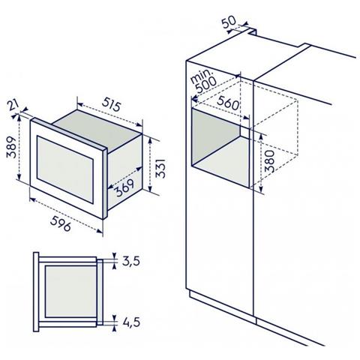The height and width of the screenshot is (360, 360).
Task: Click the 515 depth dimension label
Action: tap(112, 105)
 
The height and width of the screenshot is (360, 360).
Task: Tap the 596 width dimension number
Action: tap(61, 223)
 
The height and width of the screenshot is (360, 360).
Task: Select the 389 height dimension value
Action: tap(11, 147)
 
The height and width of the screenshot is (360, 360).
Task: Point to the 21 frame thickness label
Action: tap(12, 105)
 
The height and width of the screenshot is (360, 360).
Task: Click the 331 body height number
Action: tap(160, 168)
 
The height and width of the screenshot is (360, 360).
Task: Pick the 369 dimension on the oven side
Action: tap(125, 187)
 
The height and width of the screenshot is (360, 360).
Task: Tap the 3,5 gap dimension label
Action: tap(131, 261)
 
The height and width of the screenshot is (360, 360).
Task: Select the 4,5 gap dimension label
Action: tap(131, 322)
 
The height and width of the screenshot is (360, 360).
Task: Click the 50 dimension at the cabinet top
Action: tap(229, 22)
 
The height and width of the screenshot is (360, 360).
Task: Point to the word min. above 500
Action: tap(201, 76)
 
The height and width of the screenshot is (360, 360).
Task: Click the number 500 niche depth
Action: tap(206, 85)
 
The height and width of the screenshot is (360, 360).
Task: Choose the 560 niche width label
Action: tap(228, 103)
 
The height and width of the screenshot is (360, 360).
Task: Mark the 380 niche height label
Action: tap(270, 161)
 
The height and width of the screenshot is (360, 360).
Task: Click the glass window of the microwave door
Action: tap(65, 169)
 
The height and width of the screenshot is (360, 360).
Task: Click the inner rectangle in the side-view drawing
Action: tap(70, 292)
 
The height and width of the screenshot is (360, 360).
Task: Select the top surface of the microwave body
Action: tap(97, 129)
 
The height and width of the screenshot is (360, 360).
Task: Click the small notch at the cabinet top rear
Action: tap(252, 31)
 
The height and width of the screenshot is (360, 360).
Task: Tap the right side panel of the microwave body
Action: tap(124, 172)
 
